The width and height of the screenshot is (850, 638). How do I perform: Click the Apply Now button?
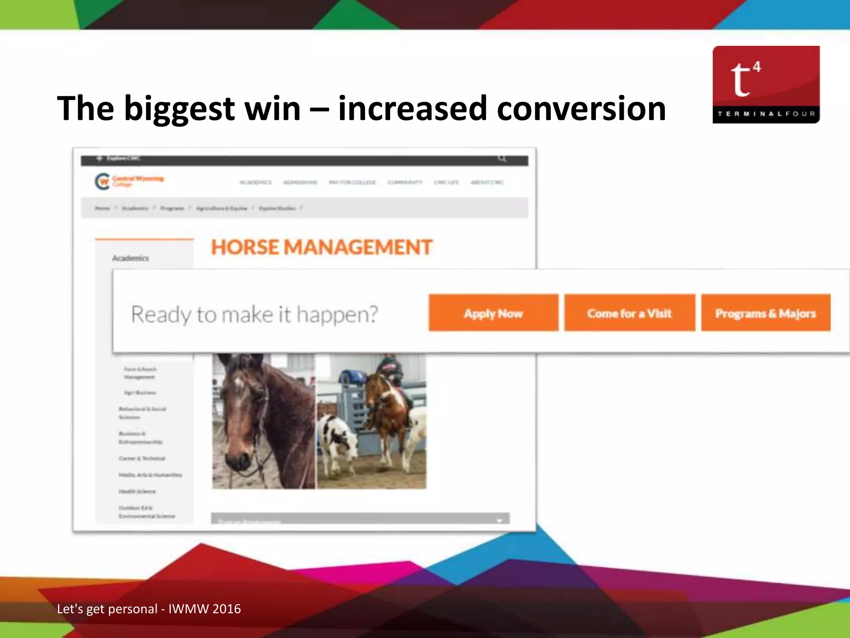(x=493, y=313)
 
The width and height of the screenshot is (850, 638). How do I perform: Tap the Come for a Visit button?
(x=629, y=313)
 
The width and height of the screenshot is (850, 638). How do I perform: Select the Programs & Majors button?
(x=765, y=313)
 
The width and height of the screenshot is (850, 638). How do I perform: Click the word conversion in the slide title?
(x=581, y=109)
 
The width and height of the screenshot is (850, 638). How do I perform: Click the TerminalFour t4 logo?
(x=766, y=84)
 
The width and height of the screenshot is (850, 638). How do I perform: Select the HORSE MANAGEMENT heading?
(x=322, y=248)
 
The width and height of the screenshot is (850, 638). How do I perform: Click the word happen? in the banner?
(x=337, y=315)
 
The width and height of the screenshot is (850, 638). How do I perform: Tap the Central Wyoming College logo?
(x=129, y=181)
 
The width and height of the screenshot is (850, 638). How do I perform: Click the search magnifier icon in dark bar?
(x=502, y=158)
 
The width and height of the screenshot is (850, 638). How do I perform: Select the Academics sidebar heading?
(x=130, y=258)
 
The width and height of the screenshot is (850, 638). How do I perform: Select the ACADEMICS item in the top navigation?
(x=256, y=182)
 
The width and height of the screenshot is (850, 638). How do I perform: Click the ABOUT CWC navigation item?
(x=487, y=182)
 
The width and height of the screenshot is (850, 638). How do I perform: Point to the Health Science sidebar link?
(x=137, y=491)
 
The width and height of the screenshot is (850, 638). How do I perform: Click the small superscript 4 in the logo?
(x=757, y=66)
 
